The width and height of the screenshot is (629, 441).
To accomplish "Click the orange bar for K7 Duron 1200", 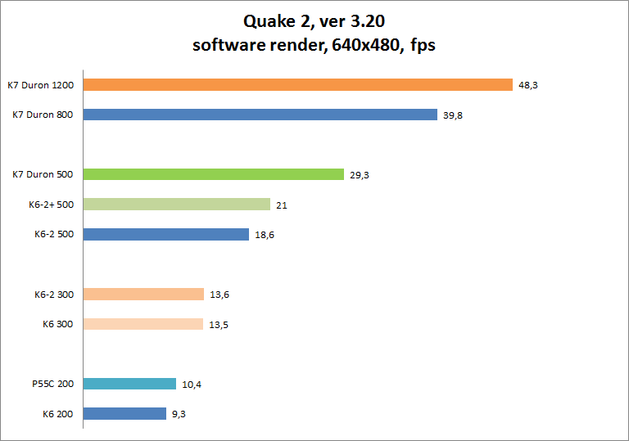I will (297, 85).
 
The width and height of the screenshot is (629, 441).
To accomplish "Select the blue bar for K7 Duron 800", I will (260, 115).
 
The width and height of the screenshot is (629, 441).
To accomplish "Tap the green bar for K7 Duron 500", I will (213, 174).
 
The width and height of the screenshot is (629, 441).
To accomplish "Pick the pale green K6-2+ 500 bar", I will (176, 205).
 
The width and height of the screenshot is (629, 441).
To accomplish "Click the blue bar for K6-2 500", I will (165, 234).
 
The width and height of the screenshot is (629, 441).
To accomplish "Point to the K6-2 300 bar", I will (143, 295).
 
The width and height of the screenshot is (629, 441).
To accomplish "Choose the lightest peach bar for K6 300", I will (143, 324).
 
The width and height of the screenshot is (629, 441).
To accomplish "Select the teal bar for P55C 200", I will (129, 384).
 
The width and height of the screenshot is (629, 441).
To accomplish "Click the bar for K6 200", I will (124, 414).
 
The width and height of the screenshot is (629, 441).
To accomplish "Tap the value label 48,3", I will (527, 85).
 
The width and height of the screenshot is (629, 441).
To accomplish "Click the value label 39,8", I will (453, 115).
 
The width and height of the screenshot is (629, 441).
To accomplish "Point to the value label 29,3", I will (360, 175).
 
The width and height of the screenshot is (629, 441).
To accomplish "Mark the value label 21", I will (281, 205).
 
